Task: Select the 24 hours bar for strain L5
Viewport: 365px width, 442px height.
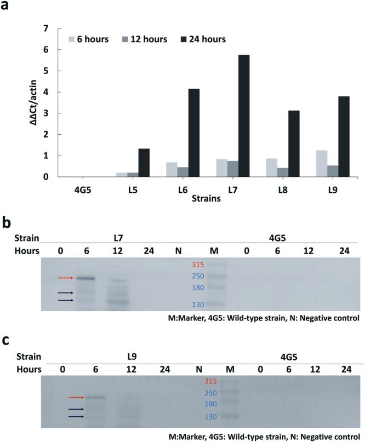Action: tap(144, 163)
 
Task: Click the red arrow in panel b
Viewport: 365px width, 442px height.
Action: tap(65, 278)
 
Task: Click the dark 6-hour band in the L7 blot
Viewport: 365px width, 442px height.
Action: tap(85, 278)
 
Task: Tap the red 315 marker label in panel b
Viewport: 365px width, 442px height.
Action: tap(197, 266)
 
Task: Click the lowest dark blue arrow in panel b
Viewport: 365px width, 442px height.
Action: tap(65, 300)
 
